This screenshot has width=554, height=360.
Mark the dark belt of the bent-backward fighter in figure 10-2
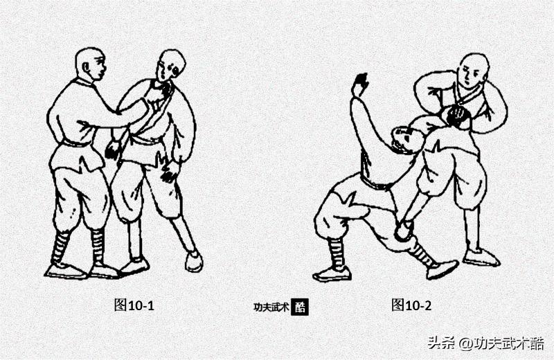click(x=375, y=183)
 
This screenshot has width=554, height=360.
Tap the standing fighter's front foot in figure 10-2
click(x=481, y=258)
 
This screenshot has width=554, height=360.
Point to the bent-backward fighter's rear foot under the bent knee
click(x=331, y=273)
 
